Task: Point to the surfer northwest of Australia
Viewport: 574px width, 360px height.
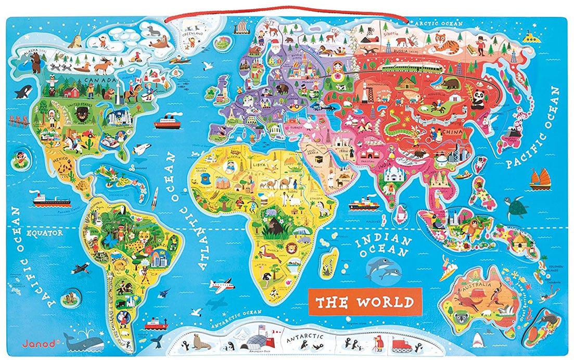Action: click(448, 269)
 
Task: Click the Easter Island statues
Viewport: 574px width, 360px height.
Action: click(67, 298)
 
